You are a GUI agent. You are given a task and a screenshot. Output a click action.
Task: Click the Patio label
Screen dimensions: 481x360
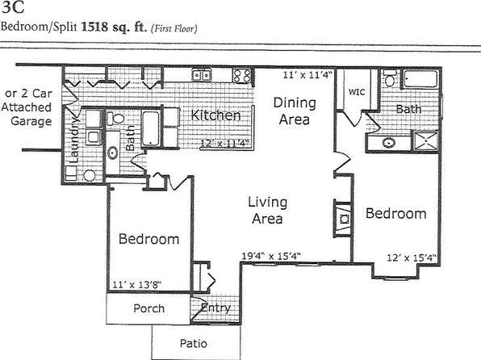[193, 343]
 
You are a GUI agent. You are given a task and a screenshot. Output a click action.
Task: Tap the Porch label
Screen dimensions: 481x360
[148, 308]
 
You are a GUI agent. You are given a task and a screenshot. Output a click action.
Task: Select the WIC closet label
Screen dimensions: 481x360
[357, 92]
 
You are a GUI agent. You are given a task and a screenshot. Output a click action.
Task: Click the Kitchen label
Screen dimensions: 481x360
[215, 115]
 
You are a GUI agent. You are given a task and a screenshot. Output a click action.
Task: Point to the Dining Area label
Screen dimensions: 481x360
[295, 111]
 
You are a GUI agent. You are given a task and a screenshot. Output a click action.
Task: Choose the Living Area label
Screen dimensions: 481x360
[267, 210]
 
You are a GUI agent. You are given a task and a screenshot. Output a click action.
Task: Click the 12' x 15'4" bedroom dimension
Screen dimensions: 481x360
[412, 257]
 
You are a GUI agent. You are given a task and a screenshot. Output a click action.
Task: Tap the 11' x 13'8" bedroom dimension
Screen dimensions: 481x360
[137, 284]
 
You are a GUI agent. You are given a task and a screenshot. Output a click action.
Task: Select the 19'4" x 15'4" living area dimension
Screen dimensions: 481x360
[271, 256]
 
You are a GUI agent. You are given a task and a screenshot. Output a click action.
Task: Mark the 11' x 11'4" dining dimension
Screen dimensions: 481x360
[307, 75]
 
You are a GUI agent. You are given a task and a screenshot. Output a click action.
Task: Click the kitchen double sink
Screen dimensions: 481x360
[201, 75]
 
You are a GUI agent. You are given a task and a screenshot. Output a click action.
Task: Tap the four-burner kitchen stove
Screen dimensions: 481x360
[242, 76]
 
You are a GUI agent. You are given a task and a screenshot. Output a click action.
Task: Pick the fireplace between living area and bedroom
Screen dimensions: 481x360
[343, 219]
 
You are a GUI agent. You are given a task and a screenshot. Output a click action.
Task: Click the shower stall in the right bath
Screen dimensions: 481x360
[426, 141]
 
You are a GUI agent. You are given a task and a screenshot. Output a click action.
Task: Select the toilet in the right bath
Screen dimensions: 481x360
[390, 78]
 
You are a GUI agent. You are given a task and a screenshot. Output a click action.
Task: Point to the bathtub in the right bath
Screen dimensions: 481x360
[420, 79]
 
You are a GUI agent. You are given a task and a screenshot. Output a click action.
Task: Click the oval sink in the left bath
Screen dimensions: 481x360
[112, 153]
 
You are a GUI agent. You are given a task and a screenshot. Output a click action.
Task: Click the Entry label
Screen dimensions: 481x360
[215, 308]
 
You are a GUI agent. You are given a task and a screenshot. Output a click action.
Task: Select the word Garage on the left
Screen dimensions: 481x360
[31, 121]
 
